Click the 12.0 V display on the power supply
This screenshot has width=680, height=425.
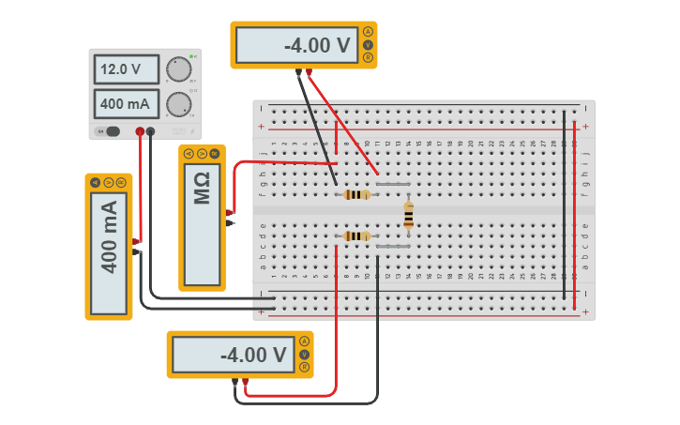126,69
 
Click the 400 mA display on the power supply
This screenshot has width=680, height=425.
126,104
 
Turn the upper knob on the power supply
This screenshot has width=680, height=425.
178,69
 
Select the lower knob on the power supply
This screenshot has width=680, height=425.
178,104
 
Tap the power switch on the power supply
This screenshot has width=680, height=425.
112,131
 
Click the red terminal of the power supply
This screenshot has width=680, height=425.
140,131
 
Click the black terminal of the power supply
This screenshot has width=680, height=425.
150,131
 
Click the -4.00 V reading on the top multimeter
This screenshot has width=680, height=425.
296,45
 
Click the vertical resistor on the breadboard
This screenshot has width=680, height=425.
408,216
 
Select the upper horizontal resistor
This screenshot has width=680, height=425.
356,195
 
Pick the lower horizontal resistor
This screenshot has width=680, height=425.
356,235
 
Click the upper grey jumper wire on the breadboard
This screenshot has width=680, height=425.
392,185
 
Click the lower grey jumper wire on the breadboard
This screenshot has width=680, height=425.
392,246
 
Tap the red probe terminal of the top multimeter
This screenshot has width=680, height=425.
309,71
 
